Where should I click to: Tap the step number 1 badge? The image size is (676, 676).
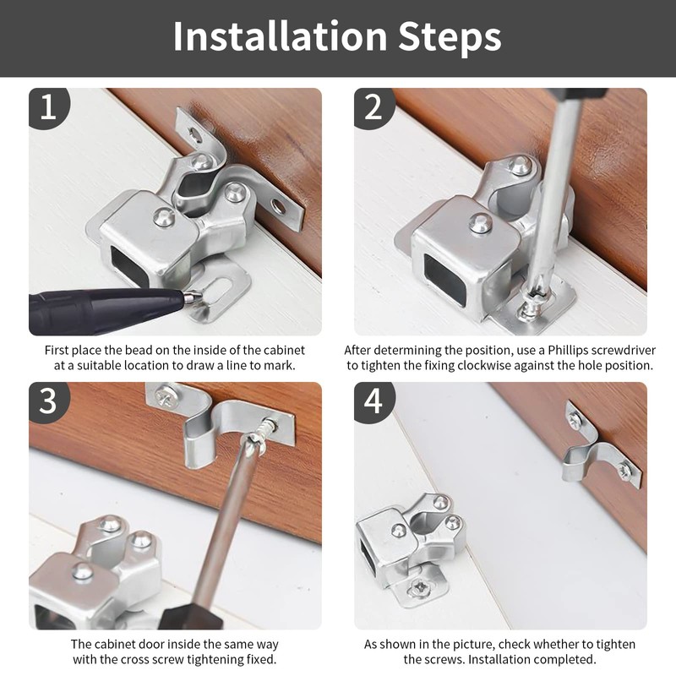(48, 107)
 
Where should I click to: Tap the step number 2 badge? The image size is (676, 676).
(373, 107)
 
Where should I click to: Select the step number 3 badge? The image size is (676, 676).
(48, 401)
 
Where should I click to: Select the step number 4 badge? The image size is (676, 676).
(373, 401)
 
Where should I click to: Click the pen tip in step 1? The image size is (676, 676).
(192, 296)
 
